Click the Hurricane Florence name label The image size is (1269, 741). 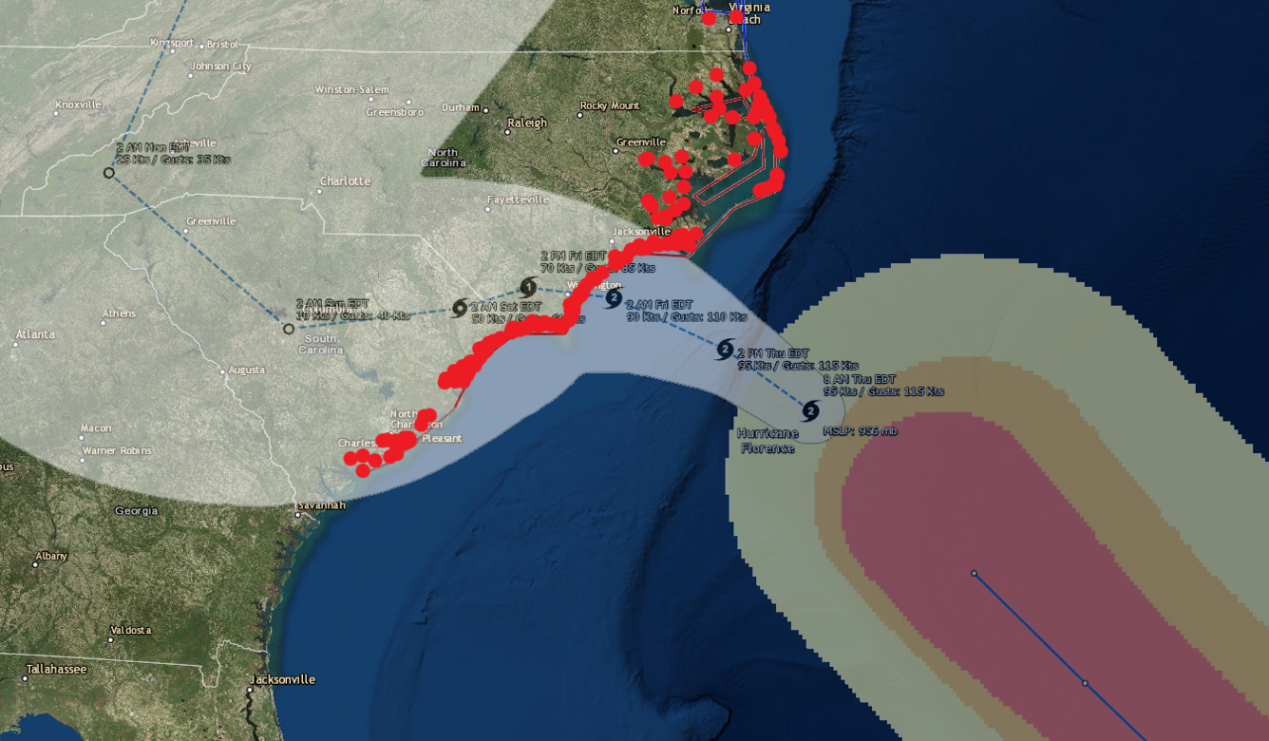click(767, 441)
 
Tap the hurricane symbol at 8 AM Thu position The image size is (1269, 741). click(810, 411)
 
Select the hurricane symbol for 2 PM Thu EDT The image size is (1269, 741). click(726, 350)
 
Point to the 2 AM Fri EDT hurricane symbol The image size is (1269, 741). click(614, 298)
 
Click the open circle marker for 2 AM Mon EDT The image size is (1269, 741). click(109, 173)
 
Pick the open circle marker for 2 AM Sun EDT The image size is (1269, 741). click(289, 329)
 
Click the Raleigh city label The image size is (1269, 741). click(527, 123)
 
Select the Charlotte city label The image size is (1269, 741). click(345, 180)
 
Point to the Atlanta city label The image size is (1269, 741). click(35, 334)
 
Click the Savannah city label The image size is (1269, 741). click(322, 505)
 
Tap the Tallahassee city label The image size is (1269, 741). click(56, 669)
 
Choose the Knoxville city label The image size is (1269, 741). click(78, 104)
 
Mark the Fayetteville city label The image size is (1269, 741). click(518, 199)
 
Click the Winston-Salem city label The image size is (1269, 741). click(352, 89)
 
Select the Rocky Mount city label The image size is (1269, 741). click(610, 105)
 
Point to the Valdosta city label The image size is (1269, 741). click(130, 630)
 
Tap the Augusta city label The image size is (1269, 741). click(247, 370)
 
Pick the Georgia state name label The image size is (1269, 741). click(136, 510)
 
